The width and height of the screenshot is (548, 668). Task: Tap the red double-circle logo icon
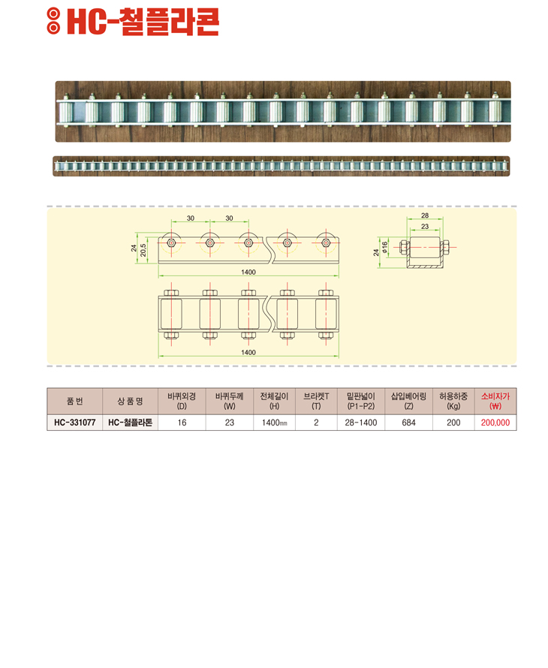click(x=53, y=21)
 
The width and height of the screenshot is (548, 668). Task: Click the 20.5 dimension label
click(x=143, y=250)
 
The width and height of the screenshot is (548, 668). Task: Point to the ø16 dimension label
click(x=385, y=248)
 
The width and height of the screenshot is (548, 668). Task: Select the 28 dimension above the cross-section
click(x=425, y=215)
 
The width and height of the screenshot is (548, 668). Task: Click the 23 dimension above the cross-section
click(x=425, y=227)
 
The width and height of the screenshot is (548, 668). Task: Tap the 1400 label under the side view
click(x=248, y=272)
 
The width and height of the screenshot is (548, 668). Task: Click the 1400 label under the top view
click(x=248, y=352)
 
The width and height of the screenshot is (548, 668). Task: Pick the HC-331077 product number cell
click(x=74, y=423)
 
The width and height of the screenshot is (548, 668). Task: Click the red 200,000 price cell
click(x=495, y=423)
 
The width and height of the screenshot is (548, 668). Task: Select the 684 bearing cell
click(x=408, y=423)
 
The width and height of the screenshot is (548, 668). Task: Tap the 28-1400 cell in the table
click(x=361, y=423)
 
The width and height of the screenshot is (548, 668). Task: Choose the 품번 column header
click(x=74, y=401)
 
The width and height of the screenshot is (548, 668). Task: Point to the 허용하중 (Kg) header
click(x=453, y=401)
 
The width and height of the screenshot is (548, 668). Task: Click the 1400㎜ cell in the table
click(x=275, y=423)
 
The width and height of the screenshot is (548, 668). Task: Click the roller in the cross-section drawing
click(x=425, y=247)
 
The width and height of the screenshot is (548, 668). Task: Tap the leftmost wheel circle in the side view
click(x=171, y=243)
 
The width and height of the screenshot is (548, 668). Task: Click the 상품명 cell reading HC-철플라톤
click(x=130, y=423)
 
